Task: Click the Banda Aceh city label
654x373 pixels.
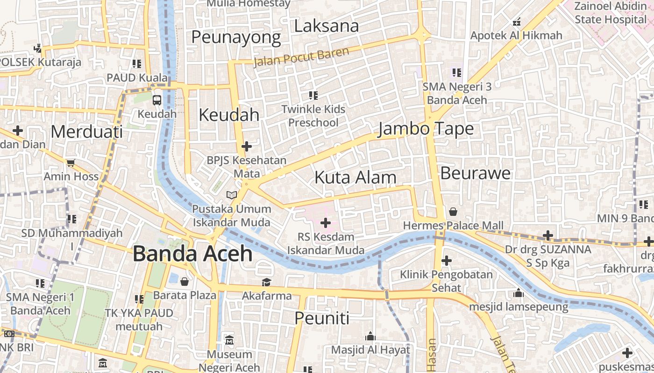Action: pos(192,254)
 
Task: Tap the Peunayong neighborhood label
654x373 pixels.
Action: pos(236,37)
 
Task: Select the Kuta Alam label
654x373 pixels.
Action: pos(355,178)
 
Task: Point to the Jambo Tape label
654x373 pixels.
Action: pos(426,129)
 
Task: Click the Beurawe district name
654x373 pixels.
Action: pos(476,173)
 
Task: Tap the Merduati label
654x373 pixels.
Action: pos(86,131)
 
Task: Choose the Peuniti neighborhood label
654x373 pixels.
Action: pos(322,318)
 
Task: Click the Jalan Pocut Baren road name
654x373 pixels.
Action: pos(301,57)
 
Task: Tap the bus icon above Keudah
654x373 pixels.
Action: pos(157,100)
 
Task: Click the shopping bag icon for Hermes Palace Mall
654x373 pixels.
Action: pos(453,212)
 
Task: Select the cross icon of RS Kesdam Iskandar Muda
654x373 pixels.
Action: pos(326,223)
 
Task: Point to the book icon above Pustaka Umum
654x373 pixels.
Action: pos(231,195)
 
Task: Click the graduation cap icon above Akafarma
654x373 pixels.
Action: pos(266,282)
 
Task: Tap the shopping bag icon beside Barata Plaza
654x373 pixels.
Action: pos(185,282)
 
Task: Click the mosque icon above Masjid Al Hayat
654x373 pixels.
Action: pos(370,336)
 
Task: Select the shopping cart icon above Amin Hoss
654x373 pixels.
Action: pos(71,163)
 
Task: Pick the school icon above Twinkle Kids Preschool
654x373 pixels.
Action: pos(313,96)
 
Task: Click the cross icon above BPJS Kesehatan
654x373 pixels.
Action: pos(246,146)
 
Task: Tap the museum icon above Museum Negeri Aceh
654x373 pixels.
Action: pos(229,340)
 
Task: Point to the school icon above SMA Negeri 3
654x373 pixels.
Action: pos(457,73)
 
